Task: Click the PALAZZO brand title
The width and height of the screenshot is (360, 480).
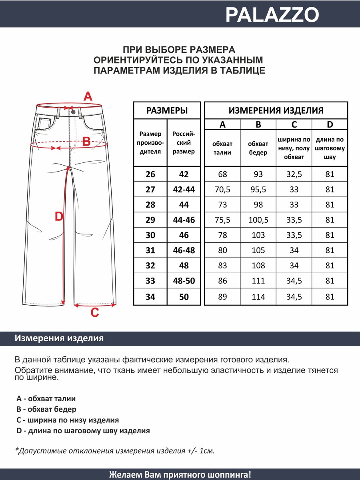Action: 272,15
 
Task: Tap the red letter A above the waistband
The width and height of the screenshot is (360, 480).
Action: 88,96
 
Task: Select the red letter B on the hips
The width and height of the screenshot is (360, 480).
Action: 86,141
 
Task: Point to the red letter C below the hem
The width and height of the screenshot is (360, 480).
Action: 94,313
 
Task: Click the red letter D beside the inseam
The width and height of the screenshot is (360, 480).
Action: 59,217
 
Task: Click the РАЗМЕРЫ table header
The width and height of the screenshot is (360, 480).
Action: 167,111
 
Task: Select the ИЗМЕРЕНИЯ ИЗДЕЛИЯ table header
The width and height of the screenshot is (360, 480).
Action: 276,111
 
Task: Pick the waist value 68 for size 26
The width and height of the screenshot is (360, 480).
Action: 222,174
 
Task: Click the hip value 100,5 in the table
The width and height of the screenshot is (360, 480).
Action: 258,220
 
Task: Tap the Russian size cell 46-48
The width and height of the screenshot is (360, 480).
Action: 184,250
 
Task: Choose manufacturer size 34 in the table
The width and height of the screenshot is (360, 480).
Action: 150,297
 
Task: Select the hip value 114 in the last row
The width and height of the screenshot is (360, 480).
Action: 258,297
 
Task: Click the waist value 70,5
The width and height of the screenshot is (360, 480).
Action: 222,190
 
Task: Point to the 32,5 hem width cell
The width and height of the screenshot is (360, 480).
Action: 294,174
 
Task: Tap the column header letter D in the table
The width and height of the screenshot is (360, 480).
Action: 330,125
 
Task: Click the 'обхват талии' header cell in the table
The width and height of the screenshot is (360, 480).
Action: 222,148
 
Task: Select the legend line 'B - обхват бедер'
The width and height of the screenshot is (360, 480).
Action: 46,409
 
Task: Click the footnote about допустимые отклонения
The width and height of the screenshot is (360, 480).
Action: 115,451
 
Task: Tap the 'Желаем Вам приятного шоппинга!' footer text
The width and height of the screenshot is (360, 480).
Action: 180,474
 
